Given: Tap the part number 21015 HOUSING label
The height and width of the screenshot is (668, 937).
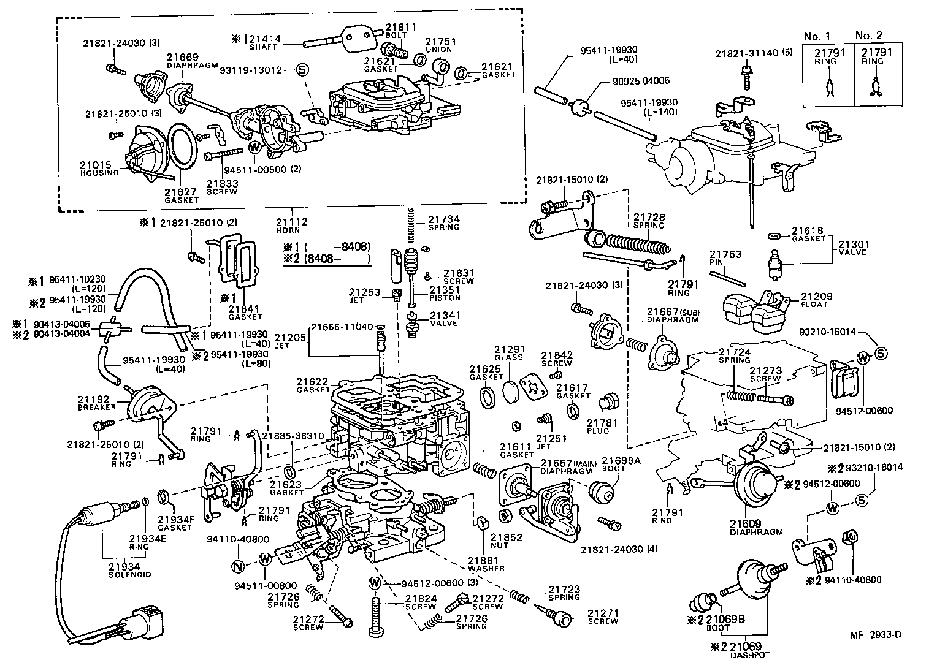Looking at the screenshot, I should [x=99, y=168].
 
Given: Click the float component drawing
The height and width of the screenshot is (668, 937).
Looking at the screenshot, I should [x=754, y=309].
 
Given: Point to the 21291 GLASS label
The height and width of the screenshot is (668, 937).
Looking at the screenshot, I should [x=508, y=353].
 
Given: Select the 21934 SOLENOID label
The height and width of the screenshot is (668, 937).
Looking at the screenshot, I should [x=129, y=570].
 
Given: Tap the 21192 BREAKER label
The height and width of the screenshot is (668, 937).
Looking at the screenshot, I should [x=93, y=403].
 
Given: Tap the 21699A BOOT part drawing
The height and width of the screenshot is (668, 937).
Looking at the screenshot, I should [x=601, y=492].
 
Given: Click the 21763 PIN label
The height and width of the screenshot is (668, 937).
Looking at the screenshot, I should [x=725, y=258].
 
